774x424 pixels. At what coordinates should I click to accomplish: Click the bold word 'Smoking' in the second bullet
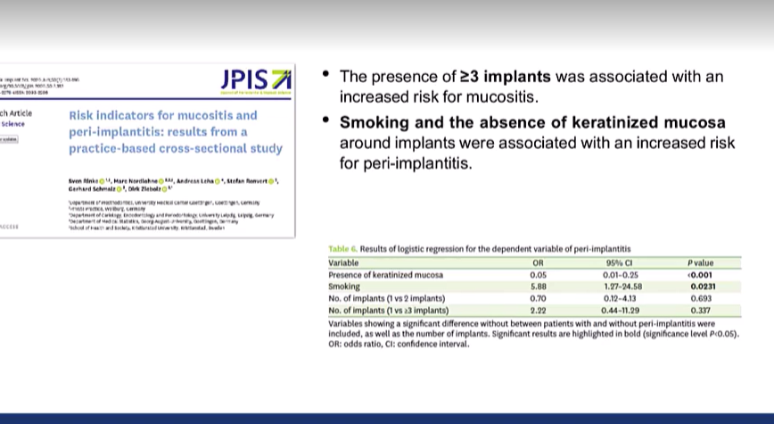375,122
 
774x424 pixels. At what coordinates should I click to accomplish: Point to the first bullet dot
327,75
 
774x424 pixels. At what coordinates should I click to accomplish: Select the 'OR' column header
538,263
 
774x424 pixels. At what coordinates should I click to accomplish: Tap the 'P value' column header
701,263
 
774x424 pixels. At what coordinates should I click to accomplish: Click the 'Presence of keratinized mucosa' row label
383,275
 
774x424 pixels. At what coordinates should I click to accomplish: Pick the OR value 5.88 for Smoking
538,287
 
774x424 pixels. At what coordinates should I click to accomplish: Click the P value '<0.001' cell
701,275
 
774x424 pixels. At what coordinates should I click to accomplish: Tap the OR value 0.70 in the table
538,298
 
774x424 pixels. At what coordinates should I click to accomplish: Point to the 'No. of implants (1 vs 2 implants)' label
386,298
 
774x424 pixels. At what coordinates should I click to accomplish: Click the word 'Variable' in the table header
343,263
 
